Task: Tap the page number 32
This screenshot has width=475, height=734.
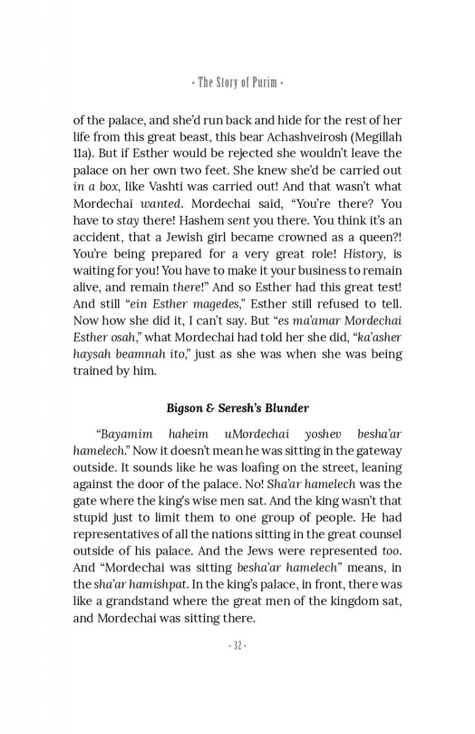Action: pos(237,645)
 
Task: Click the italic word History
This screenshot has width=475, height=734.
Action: pos(364,253)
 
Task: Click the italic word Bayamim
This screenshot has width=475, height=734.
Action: pos(121,435)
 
